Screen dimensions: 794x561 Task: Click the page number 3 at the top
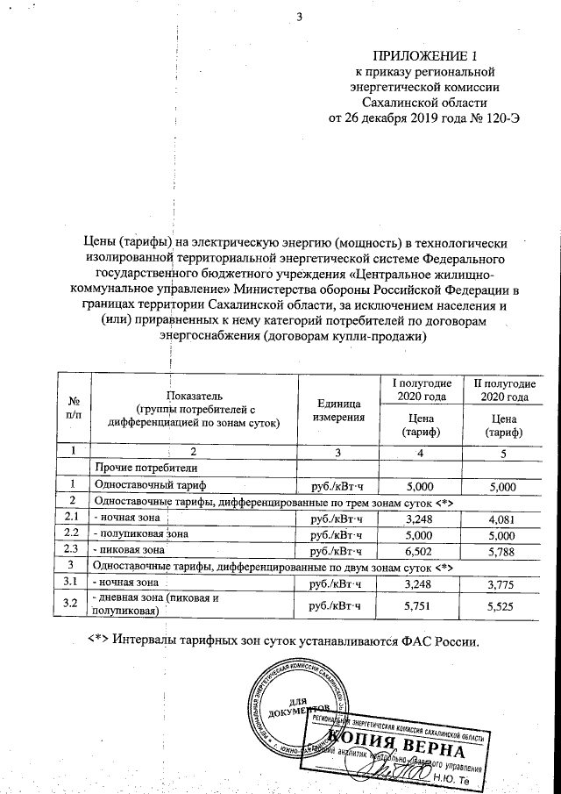(x=299, y=14)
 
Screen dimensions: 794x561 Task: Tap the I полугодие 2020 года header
(x=421, y=390)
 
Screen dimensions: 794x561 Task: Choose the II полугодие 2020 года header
(x=503, y=390)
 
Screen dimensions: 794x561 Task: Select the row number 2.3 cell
(x=74, y=550)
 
